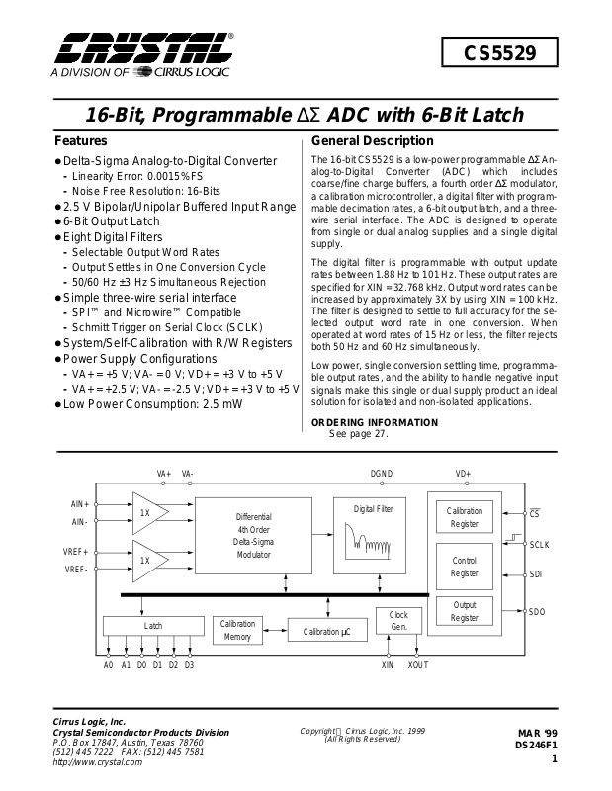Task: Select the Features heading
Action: click(x=81, y=141)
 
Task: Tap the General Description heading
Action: click(x=372, y=141)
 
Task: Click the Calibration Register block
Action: click(x=464, y=517)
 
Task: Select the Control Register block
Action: click(x=464, y=567)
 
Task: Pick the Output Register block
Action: click(x=464, y=611)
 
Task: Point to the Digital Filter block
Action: click(x=374, y=534)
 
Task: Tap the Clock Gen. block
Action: click(x=398, y=621)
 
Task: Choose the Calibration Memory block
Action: click(x=237, y=630)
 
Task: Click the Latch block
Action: click(x=152, y=626)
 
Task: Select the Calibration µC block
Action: click(x=326, y=631)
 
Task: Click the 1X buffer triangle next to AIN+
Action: click(x=148, y=514)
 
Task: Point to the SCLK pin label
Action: click(x=539, y=544)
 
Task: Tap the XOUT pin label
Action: click(x=418, y=665)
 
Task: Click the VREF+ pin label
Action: click(x=76, y=551)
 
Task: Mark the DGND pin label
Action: click(x=382, y=474)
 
